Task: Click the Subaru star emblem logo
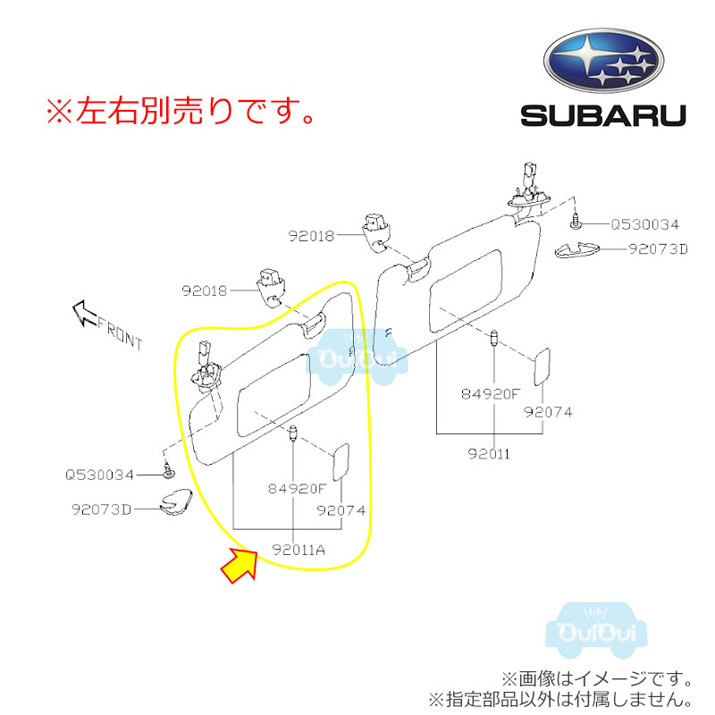[603, 63]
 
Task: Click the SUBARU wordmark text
[603, 115]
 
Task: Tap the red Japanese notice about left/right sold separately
[180, 112]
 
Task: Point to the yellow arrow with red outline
[239, 566]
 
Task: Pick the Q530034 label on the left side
[99, 475]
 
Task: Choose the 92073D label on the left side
[102, 509]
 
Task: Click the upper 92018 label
[311, 237]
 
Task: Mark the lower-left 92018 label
[205, 290]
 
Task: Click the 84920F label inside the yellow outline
[297, 489]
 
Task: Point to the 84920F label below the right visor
[491, 392]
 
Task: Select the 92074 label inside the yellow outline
[341, 510]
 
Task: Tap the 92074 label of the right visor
[548, 412]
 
